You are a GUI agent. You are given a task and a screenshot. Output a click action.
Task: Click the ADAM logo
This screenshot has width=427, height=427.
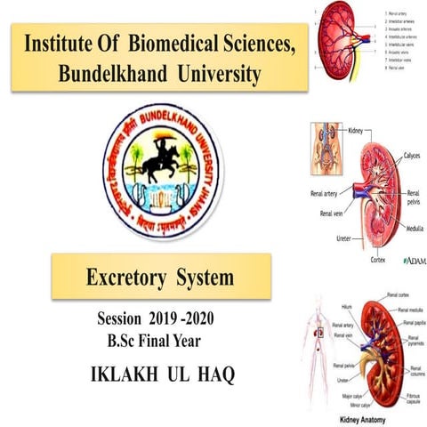(x=415, y=261)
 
